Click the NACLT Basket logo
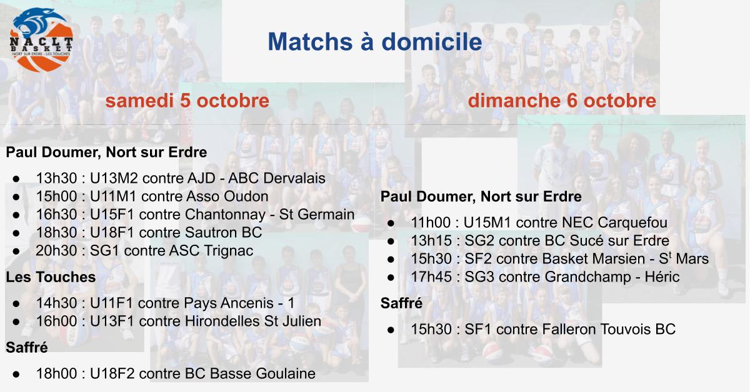[41, 40]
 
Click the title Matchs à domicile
[375, 41]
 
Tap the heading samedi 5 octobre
[187, 100]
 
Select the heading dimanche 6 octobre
[562, 100]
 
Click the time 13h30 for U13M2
[57, 179]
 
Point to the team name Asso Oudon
[227, 197]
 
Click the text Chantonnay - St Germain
[269, 214]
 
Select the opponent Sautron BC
[223, 232]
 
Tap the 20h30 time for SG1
[57, 250]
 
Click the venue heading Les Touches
[51, 277]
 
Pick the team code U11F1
[112, 303]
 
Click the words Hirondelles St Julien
[252, 321]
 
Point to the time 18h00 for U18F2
[57, 374]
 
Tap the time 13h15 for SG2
[431, 240]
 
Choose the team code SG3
[479, 277]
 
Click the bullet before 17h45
[391, 277]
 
